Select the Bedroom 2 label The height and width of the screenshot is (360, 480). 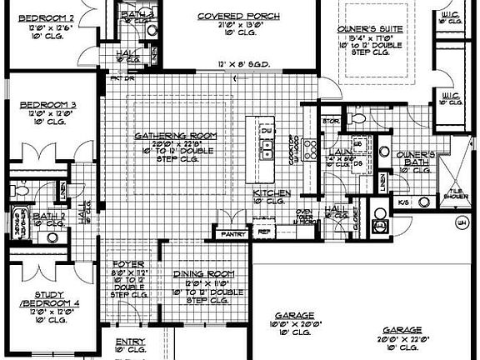42,17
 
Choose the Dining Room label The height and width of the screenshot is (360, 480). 202,275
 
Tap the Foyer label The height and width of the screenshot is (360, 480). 127,263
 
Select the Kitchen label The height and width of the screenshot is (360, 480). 272,192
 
